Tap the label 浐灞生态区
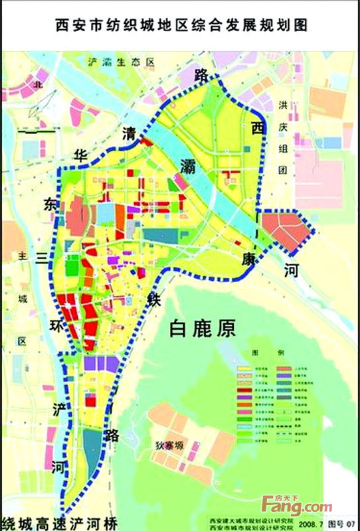point(121,62)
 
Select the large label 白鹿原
point(203,327)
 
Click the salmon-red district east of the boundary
point(285,229)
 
